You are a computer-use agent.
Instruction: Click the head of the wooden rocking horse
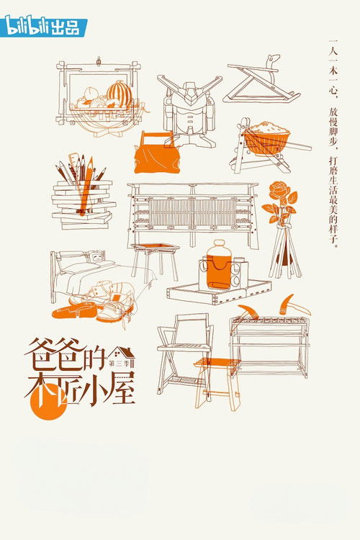[x=274, y=62]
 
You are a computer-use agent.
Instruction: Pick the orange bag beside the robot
[x=157, y=152]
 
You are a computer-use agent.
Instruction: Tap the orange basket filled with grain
[x=266, y=138]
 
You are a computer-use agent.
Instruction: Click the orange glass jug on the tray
[x=218, y=265]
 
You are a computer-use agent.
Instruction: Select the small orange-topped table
[x=155, y=260]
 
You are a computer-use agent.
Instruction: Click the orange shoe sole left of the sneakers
[x=74, y=310]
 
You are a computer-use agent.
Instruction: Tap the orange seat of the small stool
[x=217, y=362]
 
